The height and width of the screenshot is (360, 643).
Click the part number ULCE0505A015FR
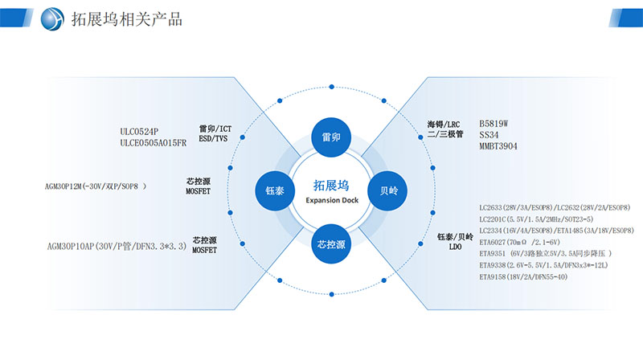(153, 142)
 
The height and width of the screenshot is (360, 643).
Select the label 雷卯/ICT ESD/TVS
(215, 133)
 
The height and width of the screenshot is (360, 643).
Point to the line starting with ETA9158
(523, 276)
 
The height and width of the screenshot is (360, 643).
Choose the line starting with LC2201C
(535, 219)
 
